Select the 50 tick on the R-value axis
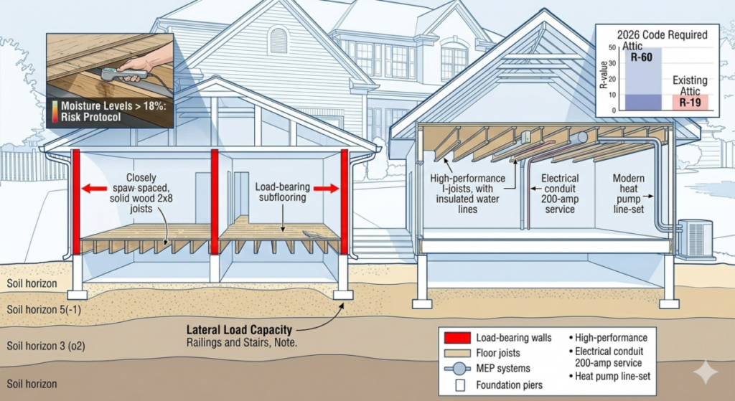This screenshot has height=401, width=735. tap(612, 47)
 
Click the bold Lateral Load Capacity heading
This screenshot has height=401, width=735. tap(238, 330)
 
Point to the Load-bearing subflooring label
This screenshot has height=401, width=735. tap(284, 192)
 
